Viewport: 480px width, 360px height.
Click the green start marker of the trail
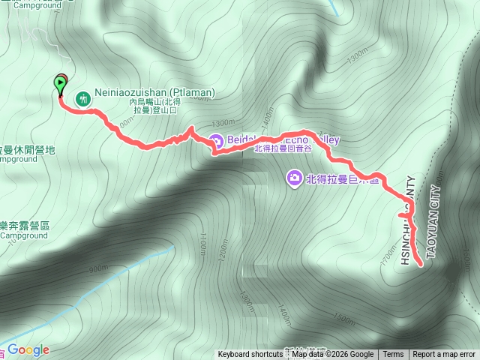(x=60, y=85)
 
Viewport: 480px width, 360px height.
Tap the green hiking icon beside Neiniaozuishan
(x=82, y=97)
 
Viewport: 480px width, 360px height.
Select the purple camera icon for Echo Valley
(x=215, y=140)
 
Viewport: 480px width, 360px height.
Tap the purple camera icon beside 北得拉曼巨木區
(x=294, y=178)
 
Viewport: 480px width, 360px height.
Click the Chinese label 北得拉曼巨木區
(x=340, y=178)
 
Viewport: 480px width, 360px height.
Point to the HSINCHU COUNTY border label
(x=406, y=222)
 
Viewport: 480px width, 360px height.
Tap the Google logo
(x=28, y=349)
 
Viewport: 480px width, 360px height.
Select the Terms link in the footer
(x=393, y=355)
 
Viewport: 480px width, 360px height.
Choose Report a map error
(x=444, y=355)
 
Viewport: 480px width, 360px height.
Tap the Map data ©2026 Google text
(x=332, y=355)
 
